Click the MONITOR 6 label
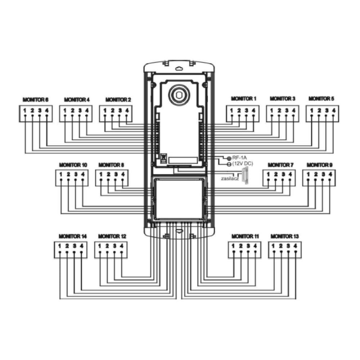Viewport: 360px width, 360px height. coord(35,99)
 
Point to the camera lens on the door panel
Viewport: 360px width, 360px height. coord(178,95)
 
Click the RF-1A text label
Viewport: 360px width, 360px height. coord(240,158)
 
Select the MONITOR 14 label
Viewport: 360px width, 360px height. coord(73,237)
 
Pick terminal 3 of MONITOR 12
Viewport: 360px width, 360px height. coord(114,246)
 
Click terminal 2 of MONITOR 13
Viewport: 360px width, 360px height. coord(281,246)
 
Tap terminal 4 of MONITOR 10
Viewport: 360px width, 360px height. coord(83,175)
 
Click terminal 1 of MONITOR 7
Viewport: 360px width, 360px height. coord(268,175)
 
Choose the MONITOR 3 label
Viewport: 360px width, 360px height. coord(283,98)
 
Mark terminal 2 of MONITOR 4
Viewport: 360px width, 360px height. coord(72,110)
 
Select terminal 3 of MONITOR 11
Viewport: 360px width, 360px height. coord(248,246)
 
